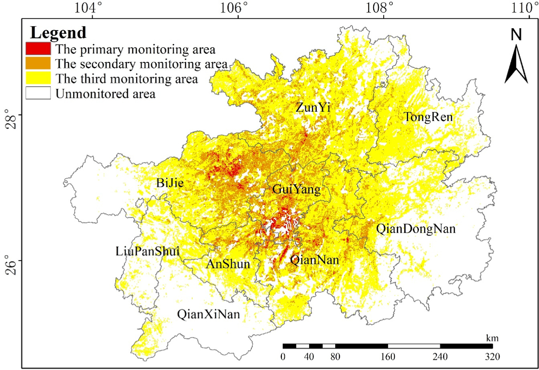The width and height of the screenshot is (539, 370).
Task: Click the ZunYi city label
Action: (x=313, y=108)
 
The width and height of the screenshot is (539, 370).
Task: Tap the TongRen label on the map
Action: (x=428, y=117)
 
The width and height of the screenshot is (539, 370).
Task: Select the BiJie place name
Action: (x=170, y=183)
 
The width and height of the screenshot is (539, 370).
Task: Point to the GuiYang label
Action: (x=296, y=189)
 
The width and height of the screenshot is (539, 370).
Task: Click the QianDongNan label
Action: (x=416, y=229)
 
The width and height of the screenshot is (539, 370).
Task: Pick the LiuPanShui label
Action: (x=147, y=251)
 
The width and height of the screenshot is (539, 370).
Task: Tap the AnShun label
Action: (x=228, y=264)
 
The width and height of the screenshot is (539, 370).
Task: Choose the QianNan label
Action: (x=314, y=260)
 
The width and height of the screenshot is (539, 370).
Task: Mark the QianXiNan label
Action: (x=209, y=314)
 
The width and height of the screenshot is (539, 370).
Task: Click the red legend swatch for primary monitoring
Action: (x=38, y=49)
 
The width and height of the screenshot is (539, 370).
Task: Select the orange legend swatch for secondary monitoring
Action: (x=38, y=63)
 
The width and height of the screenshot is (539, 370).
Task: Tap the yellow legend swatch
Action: (x=38, y=78)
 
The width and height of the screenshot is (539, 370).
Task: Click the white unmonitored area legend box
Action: (x=38, y=93)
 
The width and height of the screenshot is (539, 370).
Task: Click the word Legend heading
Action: (x=58, y=33)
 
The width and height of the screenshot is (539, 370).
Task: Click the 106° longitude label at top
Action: (x=234, y=8)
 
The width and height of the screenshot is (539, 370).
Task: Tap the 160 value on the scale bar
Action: (x=388, y=357)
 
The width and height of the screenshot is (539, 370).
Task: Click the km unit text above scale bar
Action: (x=492, y=338)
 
